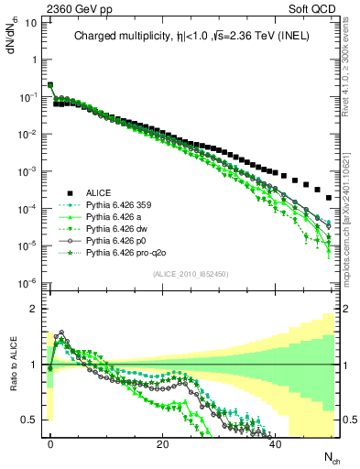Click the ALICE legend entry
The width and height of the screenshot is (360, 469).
98,193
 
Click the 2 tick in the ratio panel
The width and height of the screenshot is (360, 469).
35,310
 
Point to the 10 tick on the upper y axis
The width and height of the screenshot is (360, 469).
29,20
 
